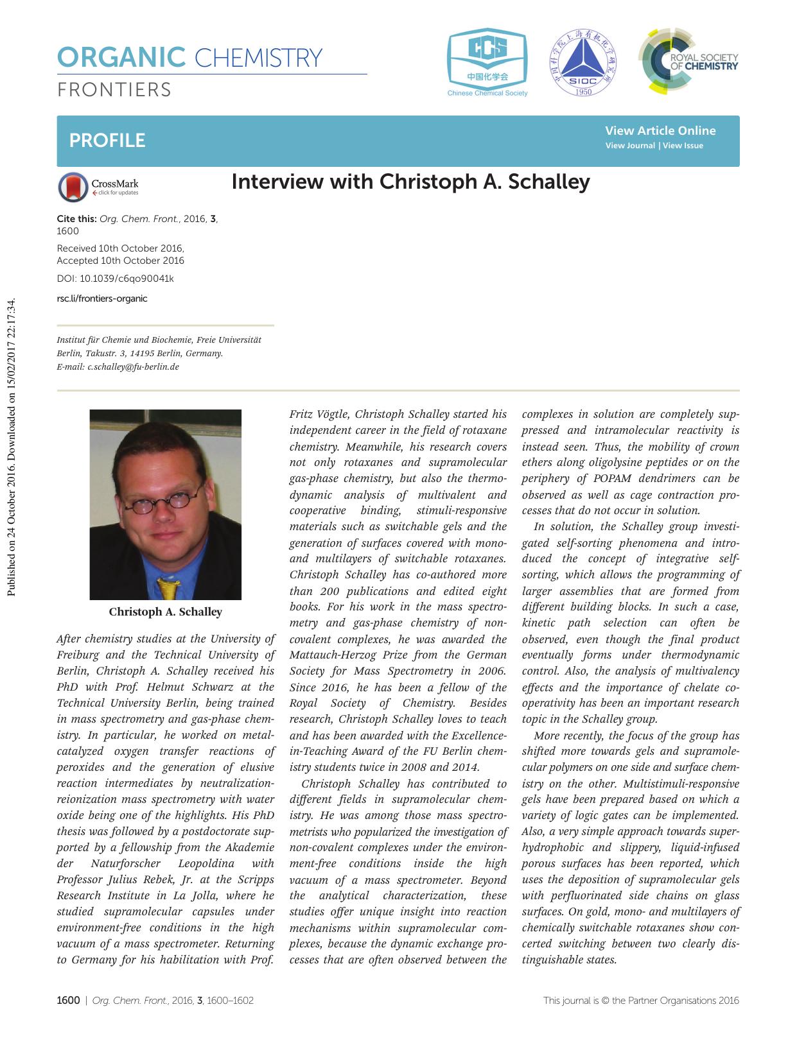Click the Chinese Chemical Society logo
[x=487, y=62]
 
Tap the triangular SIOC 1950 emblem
[x=582, y=62]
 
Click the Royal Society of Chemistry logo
[x=688, y=62]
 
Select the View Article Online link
[x=660, y=130]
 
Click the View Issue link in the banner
[x=683, y=146]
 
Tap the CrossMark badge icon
[x=73, y=187]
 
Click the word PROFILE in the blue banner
[x=107, y=141]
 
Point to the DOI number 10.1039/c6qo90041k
[x=127, y=279]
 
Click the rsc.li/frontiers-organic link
[x=102, y=298]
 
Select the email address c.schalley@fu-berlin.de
[x=133, y=367]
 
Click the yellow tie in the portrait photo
[x=168, y=587]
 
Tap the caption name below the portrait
[x=166, y=612]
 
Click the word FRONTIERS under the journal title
[x=114, y=90]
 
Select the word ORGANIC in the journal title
[x=121, y=58]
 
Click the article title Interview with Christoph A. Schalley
[x=410, y=182]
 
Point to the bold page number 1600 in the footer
[x=69, y=1000]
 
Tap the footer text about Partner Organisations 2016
[x=641, y=1000]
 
